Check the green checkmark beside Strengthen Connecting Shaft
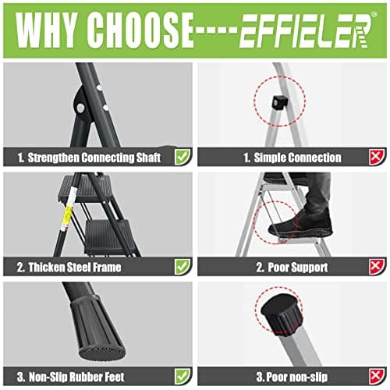point(182,157)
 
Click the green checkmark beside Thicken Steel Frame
point(182,266)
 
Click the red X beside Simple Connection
point(376,157)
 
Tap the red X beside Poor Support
point(376,266)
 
